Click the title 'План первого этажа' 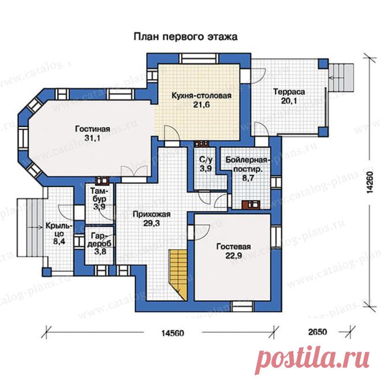coord(185,37)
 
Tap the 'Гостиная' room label coord(92,129)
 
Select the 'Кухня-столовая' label coord(201,95)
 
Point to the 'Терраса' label coord(289,92)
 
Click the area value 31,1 coord(92,139)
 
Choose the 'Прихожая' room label coord(152,214)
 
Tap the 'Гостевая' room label coord(234,247)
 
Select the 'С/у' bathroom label coord(206,159)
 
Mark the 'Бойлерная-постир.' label coord(248,165)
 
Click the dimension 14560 coord(173,333)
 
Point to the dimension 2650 coord(318,332)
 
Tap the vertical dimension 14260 coord(369,183)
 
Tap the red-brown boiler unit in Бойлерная coord(251,204)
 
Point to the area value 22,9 coord(234,256)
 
